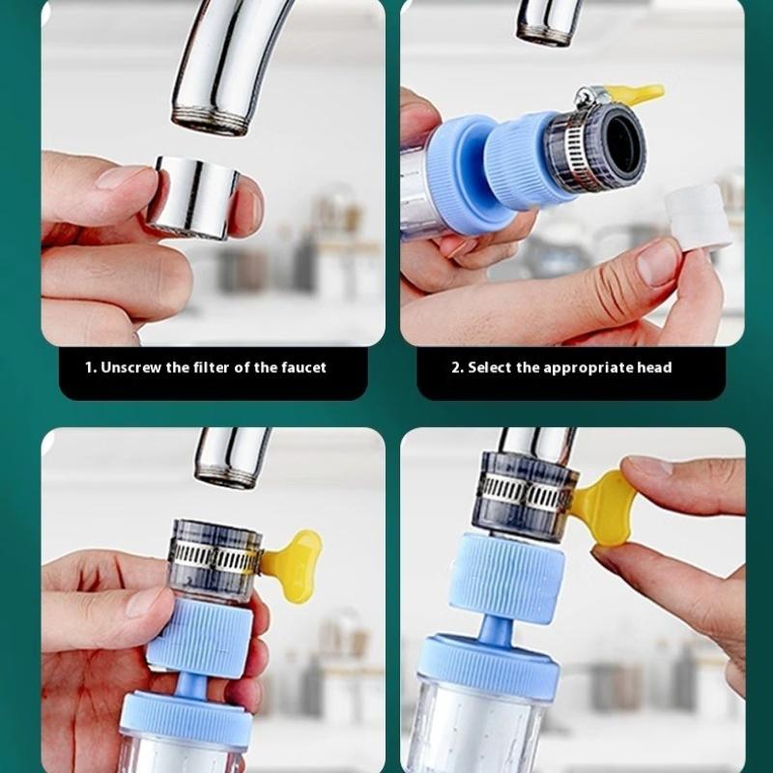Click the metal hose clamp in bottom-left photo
215,558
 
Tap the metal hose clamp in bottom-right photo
527,494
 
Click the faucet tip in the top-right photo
548,24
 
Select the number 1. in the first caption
91,367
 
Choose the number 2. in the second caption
457,367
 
